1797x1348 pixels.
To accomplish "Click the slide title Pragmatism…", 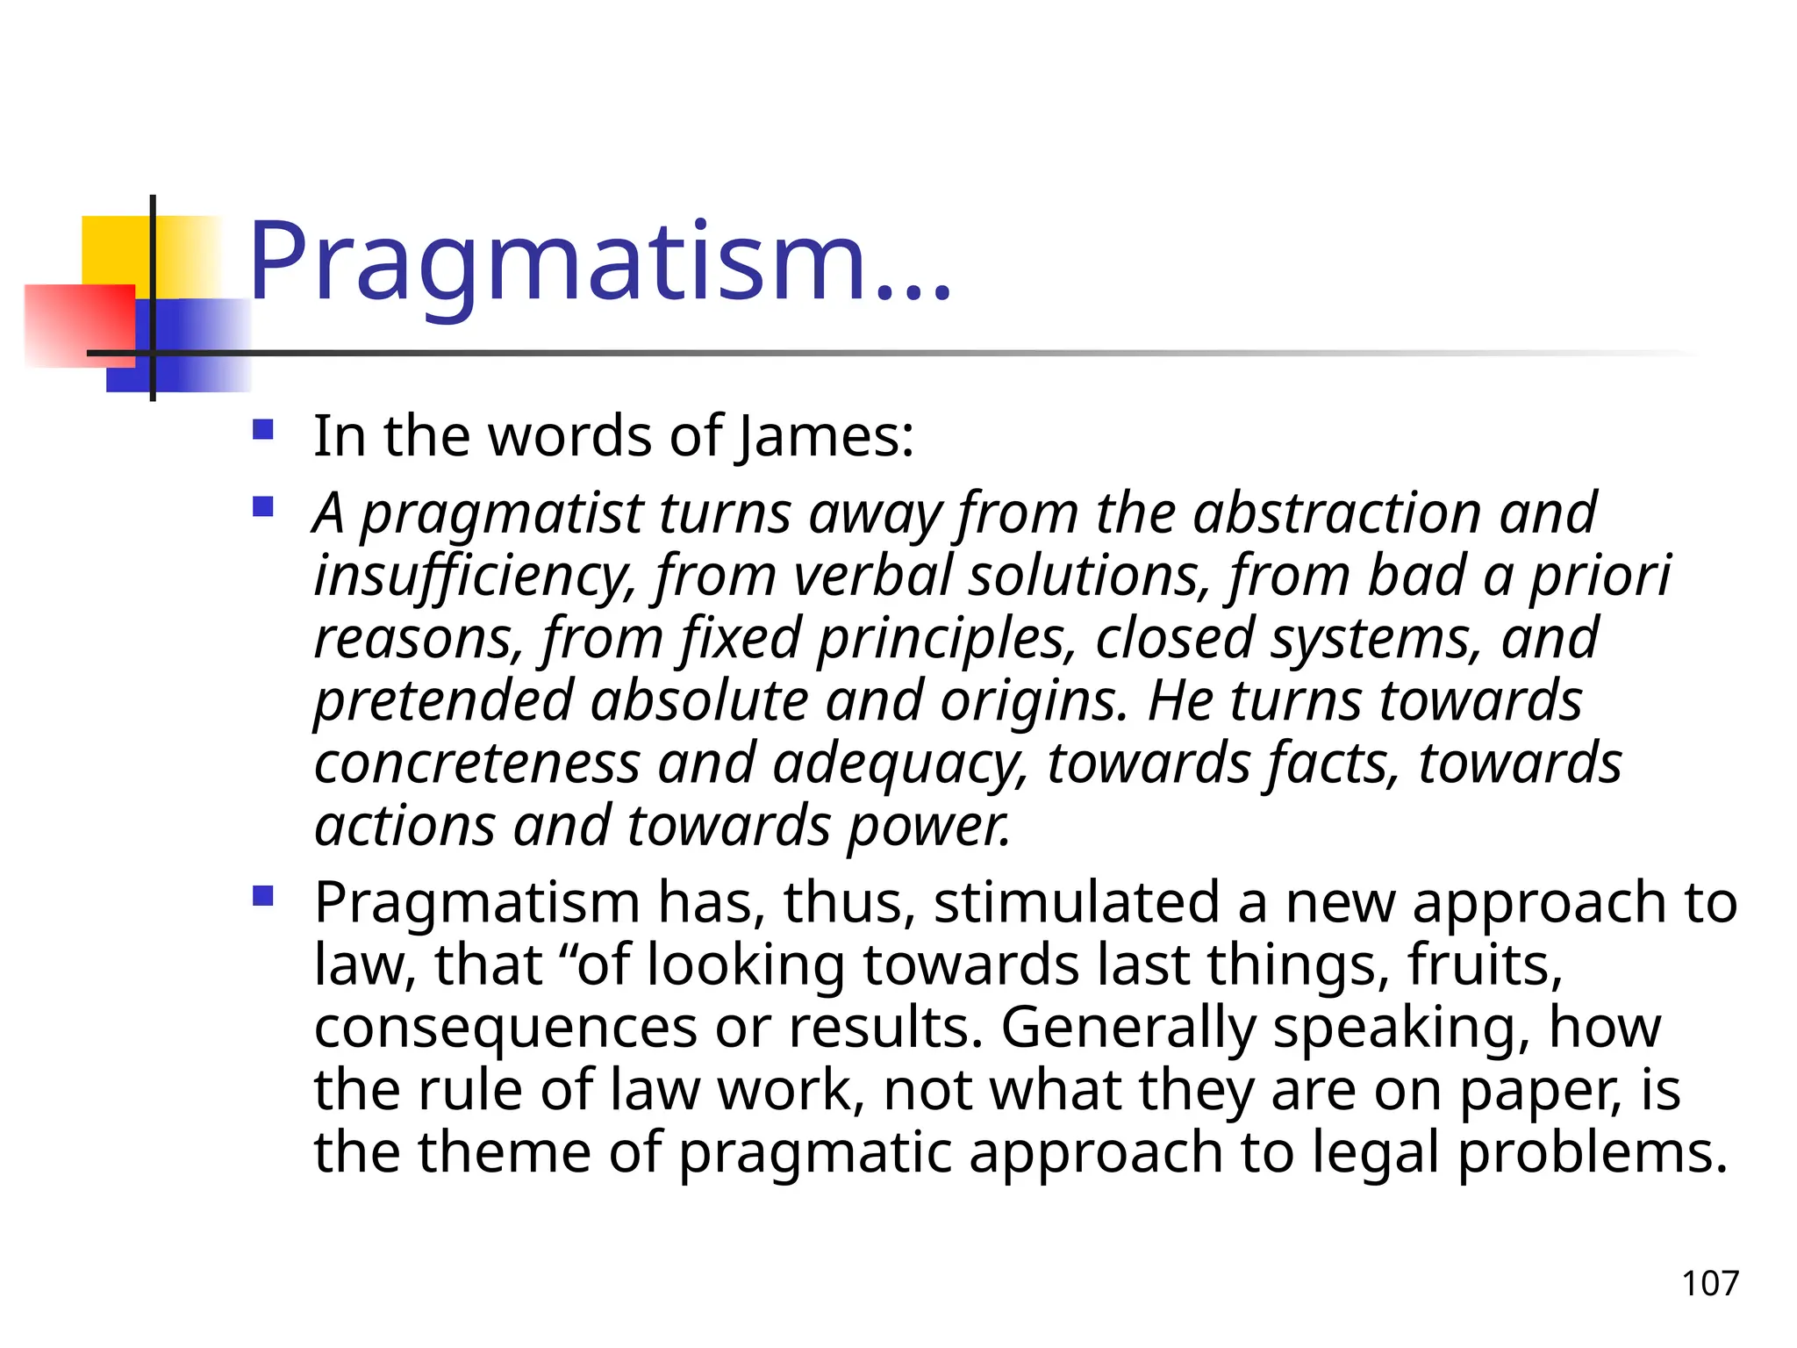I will point(599,261).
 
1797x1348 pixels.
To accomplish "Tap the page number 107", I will point(1709,1283).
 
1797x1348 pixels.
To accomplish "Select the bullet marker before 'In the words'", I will point(262,430).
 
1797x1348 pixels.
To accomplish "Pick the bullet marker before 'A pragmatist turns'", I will point(262,506).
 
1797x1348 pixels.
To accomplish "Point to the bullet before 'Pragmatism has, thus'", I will point(262,896).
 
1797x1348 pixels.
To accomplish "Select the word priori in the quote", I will point(1600,576).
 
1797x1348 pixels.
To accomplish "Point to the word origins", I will point(1034,700).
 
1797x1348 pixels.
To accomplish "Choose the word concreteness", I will point(477,763).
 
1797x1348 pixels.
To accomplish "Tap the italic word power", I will point(928,827).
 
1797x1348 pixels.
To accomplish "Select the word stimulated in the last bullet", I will point(1077,902).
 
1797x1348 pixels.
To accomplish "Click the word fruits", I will point(1485,964).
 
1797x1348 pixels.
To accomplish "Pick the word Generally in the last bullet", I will point(1128,1028).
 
